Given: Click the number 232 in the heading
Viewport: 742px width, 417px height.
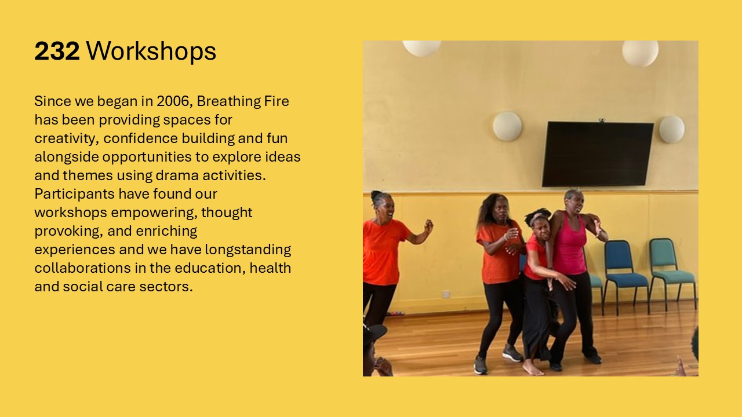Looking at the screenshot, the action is pyautogui.click(x=57, y=51).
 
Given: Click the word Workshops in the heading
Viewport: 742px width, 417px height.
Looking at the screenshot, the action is pyautogui.click(x=151, y=51).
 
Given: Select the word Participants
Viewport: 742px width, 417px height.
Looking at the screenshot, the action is pyautogui.click(x=75, y=194).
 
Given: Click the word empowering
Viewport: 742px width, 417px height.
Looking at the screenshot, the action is pyautogui.click(x=154, y=213).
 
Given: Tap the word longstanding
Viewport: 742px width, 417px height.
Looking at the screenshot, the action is pyautogui.click(x=248, y=250).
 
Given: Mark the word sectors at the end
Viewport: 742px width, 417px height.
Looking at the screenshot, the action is pyautogui.click(x=166, y=287).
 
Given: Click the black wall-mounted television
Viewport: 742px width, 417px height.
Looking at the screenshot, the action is pyautogui.click(x=597, y=154).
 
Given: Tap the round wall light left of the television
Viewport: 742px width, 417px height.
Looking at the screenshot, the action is pyautogui.click(x=507, y=126).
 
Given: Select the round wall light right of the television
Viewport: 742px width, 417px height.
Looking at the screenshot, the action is pyautogui.click(x=671, y=129).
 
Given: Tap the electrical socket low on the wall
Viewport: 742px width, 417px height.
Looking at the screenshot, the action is pyautogui.click(x=446, y=294).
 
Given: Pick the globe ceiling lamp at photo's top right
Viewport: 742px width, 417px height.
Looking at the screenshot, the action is pyautogui.click(x=640, y=53).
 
